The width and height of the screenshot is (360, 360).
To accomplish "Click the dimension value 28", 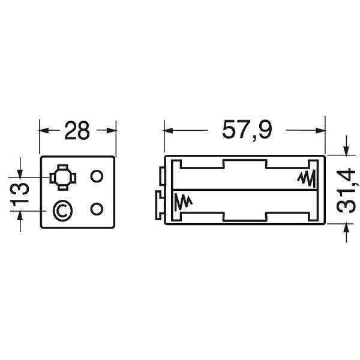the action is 77,130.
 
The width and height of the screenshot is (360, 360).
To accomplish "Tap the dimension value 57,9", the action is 247,130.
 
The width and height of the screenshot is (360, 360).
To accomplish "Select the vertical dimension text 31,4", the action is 346,190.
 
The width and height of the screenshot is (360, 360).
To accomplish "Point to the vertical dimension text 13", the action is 20,194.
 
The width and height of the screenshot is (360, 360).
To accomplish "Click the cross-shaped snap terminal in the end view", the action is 62,178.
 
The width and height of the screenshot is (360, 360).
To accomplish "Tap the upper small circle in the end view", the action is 97,176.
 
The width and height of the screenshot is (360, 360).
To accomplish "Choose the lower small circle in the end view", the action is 97,209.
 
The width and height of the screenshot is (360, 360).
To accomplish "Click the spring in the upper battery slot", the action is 307,178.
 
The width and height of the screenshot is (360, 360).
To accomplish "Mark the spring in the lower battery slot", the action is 183,202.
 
